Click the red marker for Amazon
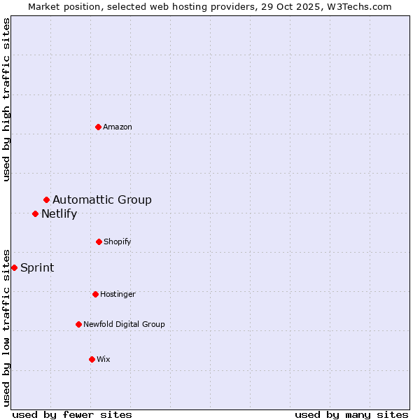click(x=99, y=127)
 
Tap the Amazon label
click(x=118, y=127)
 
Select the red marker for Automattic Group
click(x=47, y=200)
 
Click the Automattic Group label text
click(x=102, y=200)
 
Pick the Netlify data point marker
click(x=36, y=213)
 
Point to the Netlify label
click(x=59, y=214)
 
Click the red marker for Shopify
click(x=99, y=241)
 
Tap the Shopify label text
click(x=118, y=242)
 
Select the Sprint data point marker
click(x=15, y=267)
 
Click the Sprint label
click(x=37, y=268)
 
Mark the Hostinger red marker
click(x=95, y=294)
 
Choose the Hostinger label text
click(x=118, y=295)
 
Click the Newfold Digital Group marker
click(x=78, y=324)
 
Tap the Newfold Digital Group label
click(x=124, y=325)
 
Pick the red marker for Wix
click(x=92, y=359)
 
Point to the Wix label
click(x=104, y=360)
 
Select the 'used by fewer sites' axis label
click(x=72, y=414)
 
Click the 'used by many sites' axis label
click(x=351, y=414)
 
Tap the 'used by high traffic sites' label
click(x=7, y=99)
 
